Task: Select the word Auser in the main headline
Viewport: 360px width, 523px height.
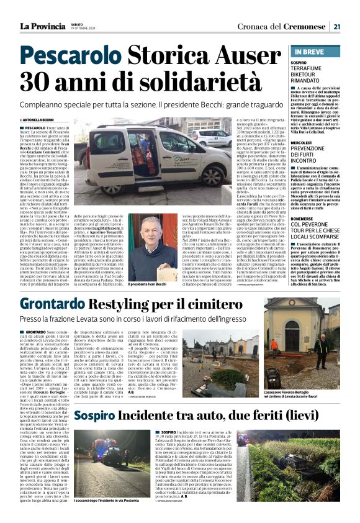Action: (x=246, y=53)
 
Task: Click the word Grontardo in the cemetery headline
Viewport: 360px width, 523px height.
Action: (x=55, y=304)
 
